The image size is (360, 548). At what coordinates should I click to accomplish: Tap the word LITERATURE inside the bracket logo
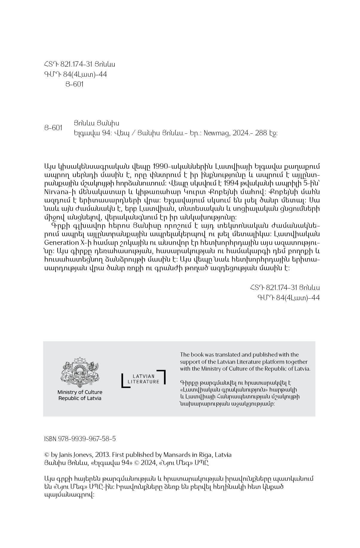pyautogui.click(x=143, y=381)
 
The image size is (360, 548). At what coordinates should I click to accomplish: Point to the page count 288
pyautogui.click(x=261, y=133)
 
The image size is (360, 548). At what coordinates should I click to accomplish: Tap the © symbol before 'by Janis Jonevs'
pyautogui.click(x=47, y=455)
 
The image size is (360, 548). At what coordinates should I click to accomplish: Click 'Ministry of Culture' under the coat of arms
pyautogui.click(x=80, y=392)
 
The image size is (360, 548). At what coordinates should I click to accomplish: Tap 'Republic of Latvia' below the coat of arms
pyautogui.click(x=80, y=398)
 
